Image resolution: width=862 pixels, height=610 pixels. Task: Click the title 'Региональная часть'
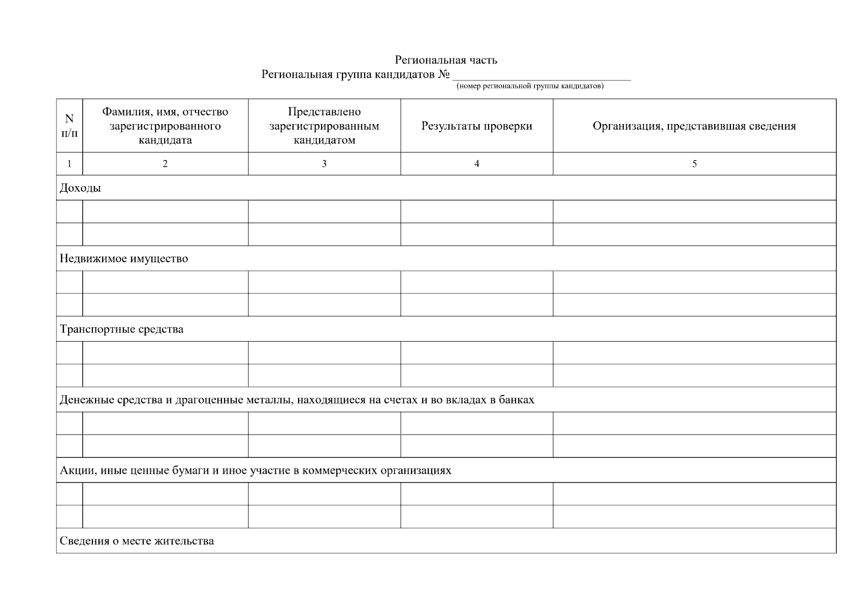coord(446,60)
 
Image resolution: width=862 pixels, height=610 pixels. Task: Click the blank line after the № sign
coord(541,76)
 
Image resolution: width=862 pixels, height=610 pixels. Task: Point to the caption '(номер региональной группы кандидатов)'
coord(530,86)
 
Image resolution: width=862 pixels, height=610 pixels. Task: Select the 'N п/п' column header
coord(70,126)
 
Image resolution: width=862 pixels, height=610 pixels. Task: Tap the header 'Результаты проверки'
coord(476,126)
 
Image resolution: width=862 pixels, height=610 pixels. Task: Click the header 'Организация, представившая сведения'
coord(694,126)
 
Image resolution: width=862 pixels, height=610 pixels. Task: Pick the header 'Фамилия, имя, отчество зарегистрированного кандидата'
coord(165,126)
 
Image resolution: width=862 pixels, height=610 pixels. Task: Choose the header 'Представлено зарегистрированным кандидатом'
coord(324,126)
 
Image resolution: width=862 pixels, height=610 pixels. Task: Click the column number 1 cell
coord(70,164)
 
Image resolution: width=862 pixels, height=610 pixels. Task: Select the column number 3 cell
coord(324,164)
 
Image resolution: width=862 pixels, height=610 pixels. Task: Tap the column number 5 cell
coord(694,164)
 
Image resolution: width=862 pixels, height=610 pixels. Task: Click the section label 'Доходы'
coord(80,188)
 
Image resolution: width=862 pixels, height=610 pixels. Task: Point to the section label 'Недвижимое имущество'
coord(124,259)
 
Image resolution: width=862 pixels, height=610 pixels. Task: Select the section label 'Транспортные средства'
coord(121,329)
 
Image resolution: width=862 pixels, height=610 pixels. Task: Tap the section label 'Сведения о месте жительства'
coord(137,541)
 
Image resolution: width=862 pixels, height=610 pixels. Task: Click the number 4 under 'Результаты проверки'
coord(476,164)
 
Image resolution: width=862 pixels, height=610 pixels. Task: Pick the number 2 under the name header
coord(165,164)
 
